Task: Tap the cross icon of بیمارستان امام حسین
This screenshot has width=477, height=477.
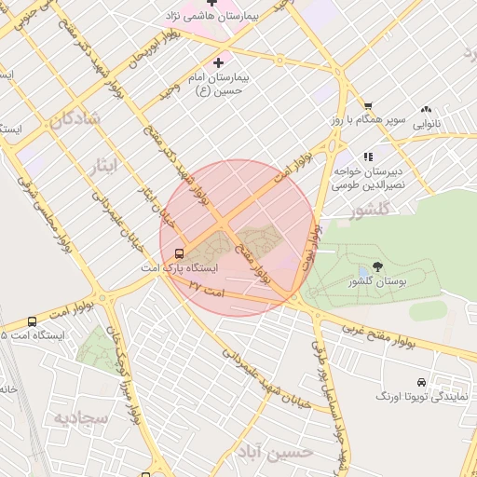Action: coord(219,63)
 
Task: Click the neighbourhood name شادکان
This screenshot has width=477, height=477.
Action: coord(76,119)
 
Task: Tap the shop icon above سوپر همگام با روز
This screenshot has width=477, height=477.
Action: coord(368,106)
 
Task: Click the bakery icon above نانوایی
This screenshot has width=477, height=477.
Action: coord(428,108)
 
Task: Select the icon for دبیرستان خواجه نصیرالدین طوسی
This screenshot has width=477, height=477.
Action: coord(368,157)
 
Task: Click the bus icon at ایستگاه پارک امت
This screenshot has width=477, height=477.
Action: coord(178,252)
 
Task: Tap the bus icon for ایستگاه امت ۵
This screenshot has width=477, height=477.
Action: coord(33,321)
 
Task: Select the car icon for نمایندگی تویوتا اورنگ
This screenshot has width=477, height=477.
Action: coord(422,382)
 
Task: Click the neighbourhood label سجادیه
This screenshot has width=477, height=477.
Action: coord(82,418)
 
